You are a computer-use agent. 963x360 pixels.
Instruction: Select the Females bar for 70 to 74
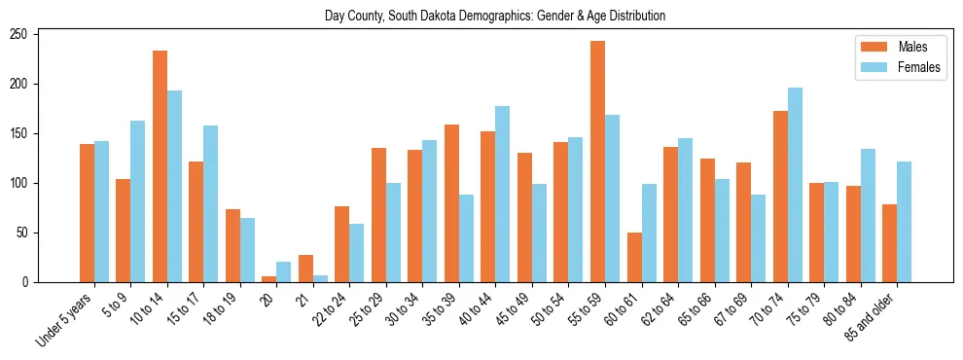(x=795, y=185)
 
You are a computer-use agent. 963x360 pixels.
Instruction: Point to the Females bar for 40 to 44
(x=503, y=194)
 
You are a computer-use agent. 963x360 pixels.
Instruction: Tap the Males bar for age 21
(x=305, y=269)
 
